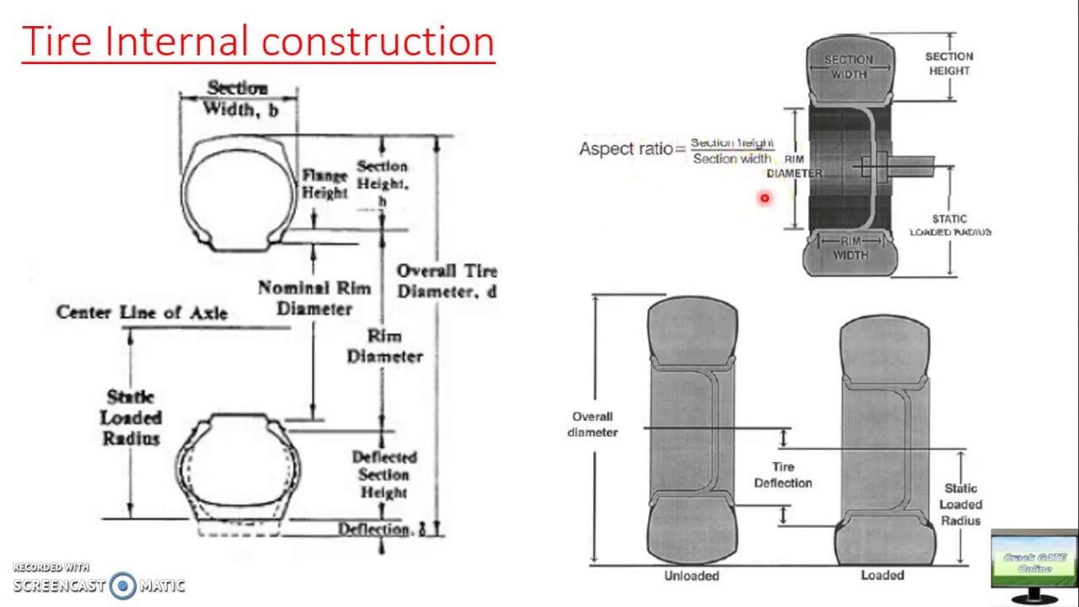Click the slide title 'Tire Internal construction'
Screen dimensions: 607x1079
click(x=257, y=41)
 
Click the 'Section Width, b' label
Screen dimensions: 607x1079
click(x=239, y=99)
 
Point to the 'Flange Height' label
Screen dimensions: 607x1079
click(x=325, y=184)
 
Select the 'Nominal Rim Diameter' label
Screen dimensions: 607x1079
click(x=314, y=298)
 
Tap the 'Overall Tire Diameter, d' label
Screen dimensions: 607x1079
click(x=447, y=282)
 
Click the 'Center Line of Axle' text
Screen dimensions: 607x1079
click(x=142, y=313)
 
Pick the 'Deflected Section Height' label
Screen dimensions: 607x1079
click(x=384, y=475)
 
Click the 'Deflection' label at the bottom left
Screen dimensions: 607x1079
click(x=374, y=529)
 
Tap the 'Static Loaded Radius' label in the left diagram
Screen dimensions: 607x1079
click(x=131, y=417)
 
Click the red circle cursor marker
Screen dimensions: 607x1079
click(x=765, y=198)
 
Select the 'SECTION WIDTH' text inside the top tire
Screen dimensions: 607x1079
click(x=849, y=67)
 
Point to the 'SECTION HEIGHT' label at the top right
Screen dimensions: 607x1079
click(x=949, y=63)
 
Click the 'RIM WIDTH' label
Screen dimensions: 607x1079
click(x=850, y=248)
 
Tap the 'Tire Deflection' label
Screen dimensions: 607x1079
click(x=783, y=475)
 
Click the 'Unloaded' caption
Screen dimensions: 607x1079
click(x=691, y=576)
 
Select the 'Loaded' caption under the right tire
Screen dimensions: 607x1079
click(x=883, y=575)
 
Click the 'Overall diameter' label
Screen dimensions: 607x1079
click(x=593, y=424)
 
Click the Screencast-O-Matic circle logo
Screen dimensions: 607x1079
click(x=123, y=585)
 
